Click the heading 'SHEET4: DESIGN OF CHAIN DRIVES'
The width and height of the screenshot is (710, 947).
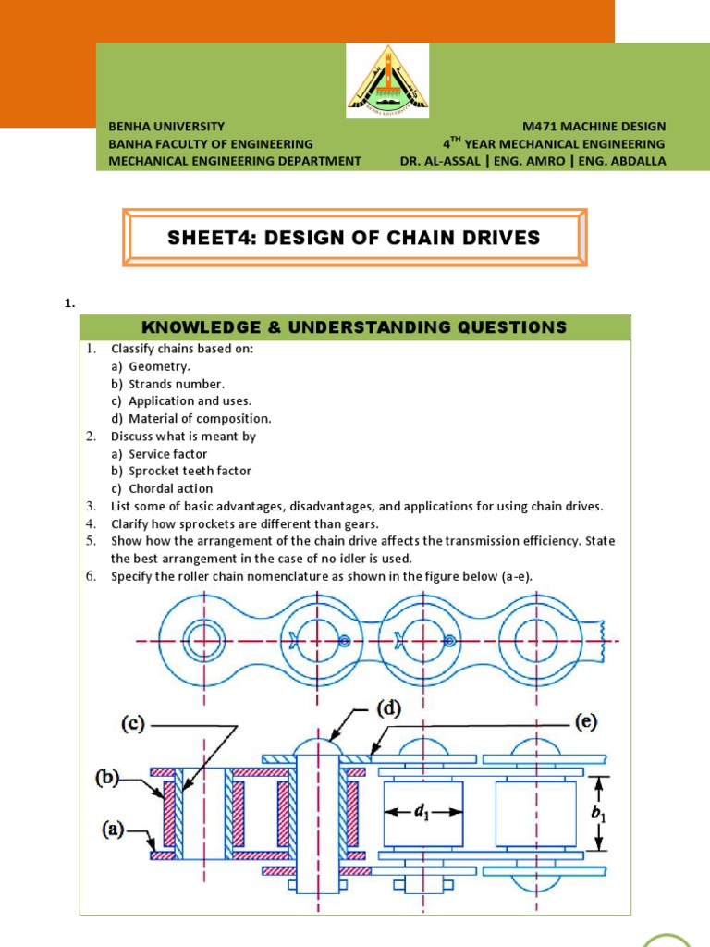point(354,238)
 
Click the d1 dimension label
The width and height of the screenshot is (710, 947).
point(422,812)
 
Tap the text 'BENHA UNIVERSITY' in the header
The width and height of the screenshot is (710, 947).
point(167,126)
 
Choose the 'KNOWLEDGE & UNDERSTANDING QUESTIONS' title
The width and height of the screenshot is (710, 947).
point(354,327)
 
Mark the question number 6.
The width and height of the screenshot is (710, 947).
point(92,577)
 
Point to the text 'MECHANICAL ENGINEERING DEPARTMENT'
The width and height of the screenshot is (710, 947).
point(235,160)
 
